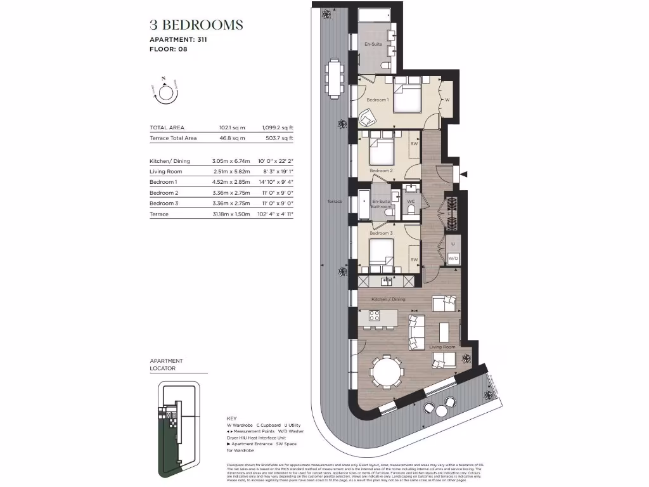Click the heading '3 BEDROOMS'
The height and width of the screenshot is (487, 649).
click(196, 25)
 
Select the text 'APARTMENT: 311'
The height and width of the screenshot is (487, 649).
click(178, 39)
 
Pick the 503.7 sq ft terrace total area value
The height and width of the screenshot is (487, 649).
click(278, 138)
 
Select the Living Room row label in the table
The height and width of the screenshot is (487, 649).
click(166, 172)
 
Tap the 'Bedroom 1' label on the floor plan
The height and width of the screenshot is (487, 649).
click(378, 100)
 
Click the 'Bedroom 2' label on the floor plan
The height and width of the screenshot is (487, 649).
click(381, 171)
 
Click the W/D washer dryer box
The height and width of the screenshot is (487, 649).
click(453, 258)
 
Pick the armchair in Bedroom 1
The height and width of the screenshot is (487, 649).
click(368, 117)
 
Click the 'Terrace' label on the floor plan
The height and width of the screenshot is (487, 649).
click(335, 202)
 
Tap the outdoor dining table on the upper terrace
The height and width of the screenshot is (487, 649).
click(334, 75)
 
